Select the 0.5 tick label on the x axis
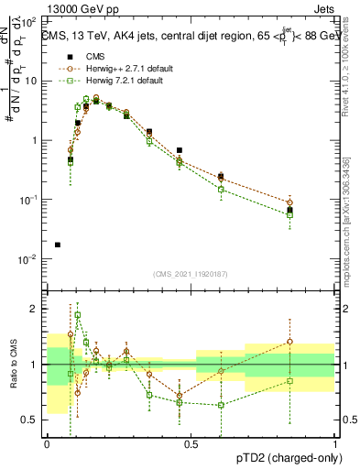(x=191, y=444)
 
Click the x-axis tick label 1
(x=334, y=444)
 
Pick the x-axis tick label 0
(x=47, y=444)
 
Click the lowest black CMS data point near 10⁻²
(x=58, y=245)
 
